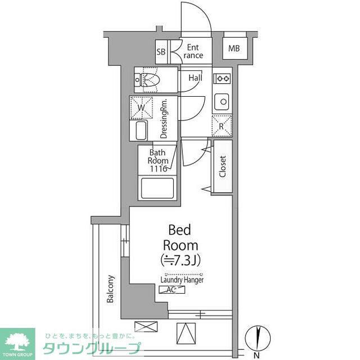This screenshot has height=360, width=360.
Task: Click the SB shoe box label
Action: (161, 52)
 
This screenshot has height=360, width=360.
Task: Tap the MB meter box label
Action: (234, 48)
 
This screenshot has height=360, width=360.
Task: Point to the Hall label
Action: (195, 78)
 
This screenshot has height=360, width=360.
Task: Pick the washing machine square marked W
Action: (142, 107)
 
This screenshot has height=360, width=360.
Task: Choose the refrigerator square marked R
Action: (222, 125)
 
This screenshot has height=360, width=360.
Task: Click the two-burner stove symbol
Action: (222, 78)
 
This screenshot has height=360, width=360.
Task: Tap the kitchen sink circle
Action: (223, 102)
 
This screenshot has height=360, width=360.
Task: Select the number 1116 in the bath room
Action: (159, 168)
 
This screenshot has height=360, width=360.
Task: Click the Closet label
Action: (222, 167)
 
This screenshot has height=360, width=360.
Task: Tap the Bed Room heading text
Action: (180, 237)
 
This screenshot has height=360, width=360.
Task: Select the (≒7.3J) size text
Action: (180, 260)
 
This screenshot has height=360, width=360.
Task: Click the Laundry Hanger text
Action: (182, 280)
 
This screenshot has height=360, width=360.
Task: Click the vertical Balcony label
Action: (111, 289)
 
